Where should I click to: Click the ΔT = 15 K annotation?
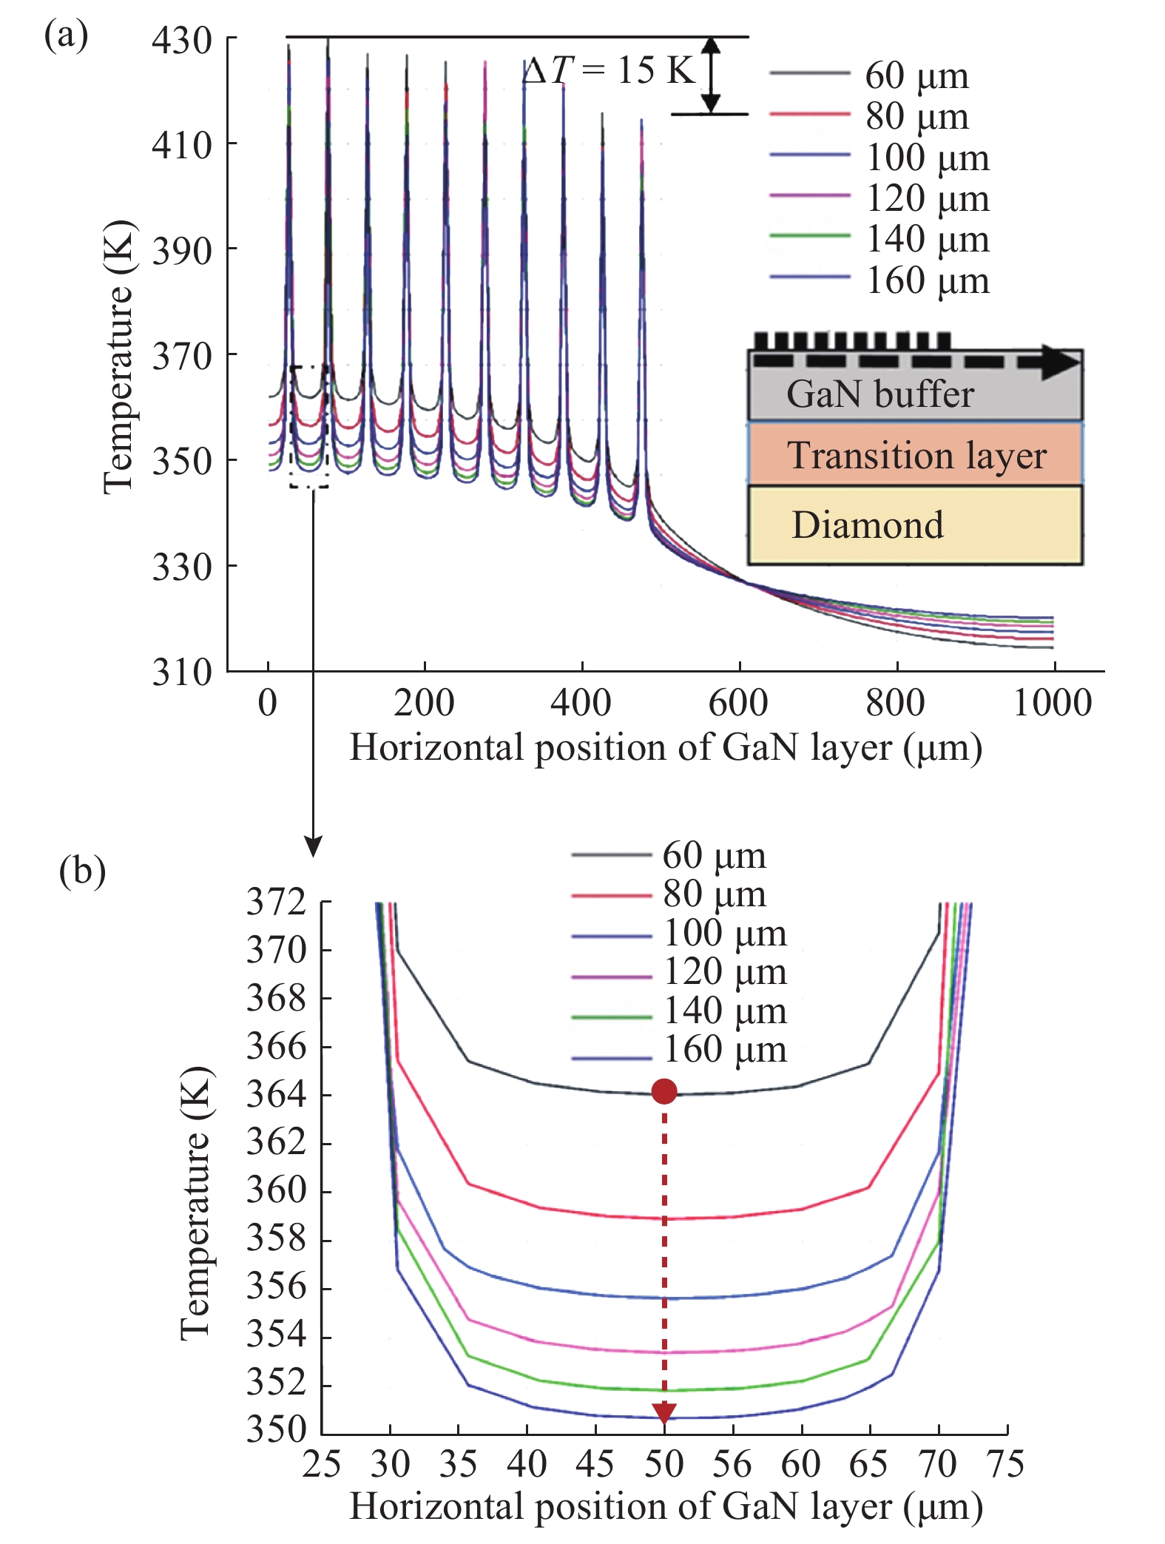click(610, 71)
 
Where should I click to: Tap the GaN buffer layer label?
click(879, 394)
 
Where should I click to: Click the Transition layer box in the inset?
click(915, 454)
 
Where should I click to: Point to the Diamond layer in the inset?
click(915, 525)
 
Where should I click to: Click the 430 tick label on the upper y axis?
click(182, 40)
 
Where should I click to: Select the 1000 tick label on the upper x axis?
click(1052, 702)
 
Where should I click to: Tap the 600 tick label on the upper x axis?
click(738, 702)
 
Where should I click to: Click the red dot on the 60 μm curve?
click(664, 1090)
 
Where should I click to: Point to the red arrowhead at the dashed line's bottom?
click(664, 1412)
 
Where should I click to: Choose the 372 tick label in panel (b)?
click(276, 902)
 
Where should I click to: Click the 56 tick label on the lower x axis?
click(732, 1464)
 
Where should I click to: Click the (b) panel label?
click(82, 871)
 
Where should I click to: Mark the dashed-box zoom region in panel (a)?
click(308, 426)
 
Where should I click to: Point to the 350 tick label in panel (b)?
click(276, 1429)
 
